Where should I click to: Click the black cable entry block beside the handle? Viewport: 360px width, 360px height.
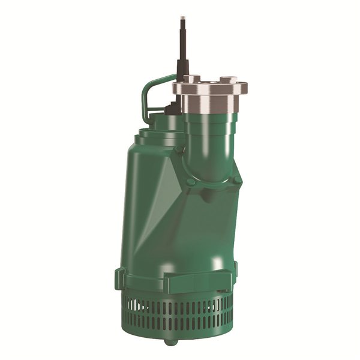tap(170, 109)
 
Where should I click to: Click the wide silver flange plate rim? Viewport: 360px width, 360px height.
tap(210, 89)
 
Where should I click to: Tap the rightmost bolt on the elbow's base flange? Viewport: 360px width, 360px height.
tap(238, 179)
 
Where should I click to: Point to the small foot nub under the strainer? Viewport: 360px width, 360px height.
tap(172, 342)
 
